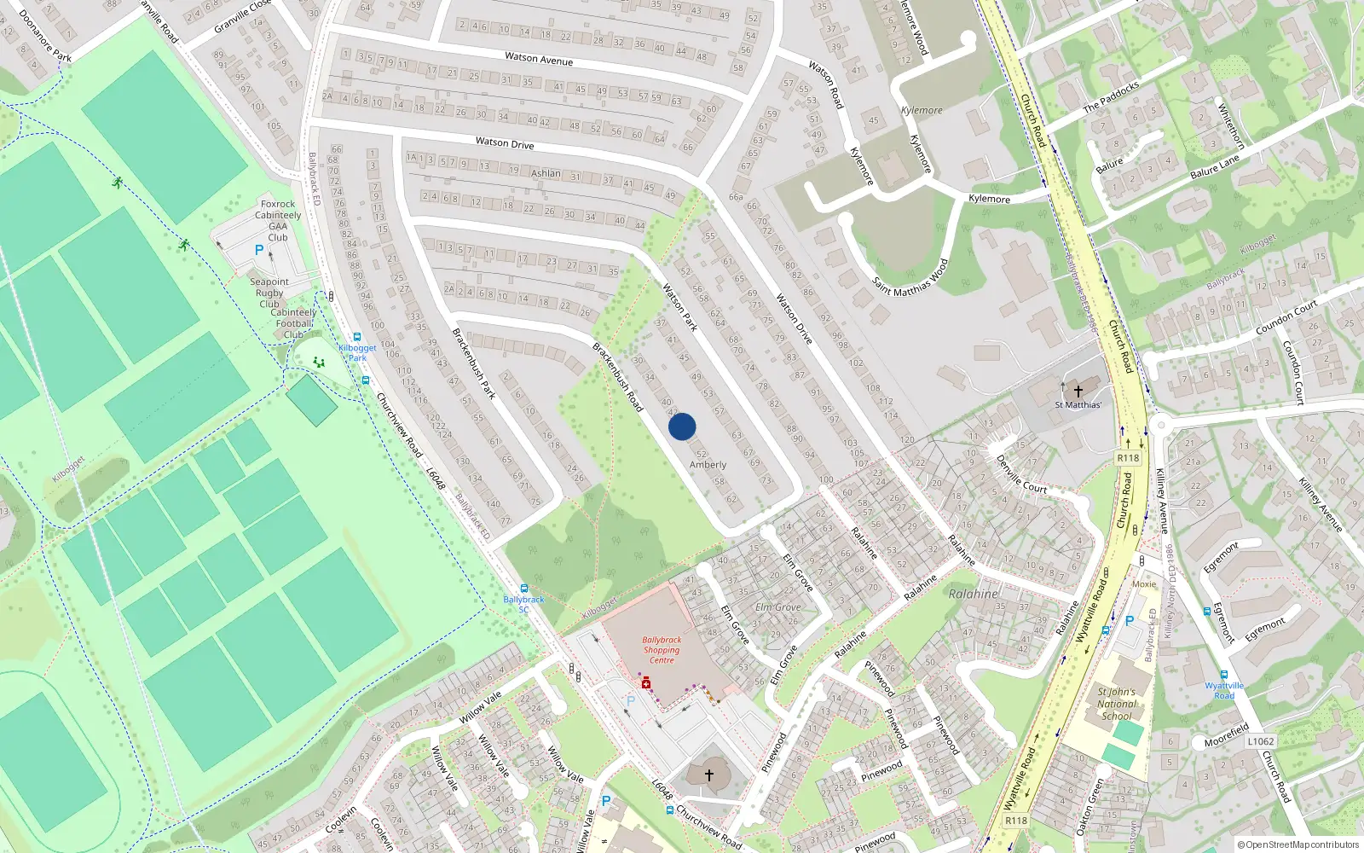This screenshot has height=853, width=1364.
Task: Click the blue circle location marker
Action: click(x=682, y=426)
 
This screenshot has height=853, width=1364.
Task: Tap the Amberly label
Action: click(x=708, y=465)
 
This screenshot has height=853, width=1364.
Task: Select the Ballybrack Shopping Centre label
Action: click(x=662, y=650)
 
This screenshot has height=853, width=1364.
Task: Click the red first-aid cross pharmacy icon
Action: click(x=646, y=683)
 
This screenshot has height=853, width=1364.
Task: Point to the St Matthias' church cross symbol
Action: click(x=1078, y=391)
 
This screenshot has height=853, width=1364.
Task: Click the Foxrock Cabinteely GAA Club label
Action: click(x=278, y=220)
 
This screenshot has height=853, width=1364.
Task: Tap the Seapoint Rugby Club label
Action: click(x=269, y=293)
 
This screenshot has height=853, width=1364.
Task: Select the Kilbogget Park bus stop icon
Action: click(x=356, y=337)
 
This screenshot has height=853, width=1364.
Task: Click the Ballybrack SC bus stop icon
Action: click(x=523, y=589)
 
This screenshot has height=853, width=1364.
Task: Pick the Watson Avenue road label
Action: click(x=539, y=59)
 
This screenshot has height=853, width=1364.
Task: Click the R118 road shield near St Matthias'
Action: click(x=1128, y=458)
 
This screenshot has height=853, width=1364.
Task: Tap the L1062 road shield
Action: click(x=1260, y=741)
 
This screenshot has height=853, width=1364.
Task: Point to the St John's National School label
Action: click(x=1117, y=704)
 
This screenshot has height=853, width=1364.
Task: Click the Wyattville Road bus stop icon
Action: click(x=1223, y=675)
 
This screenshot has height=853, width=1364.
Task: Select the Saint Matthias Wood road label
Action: click(x=910, y=277)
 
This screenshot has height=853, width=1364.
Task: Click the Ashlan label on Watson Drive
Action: click(x=546, y=173)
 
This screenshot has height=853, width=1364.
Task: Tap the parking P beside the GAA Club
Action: click(x=259, y=250)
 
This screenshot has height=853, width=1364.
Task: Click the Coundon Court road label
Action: click(x=1286, y=317)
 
